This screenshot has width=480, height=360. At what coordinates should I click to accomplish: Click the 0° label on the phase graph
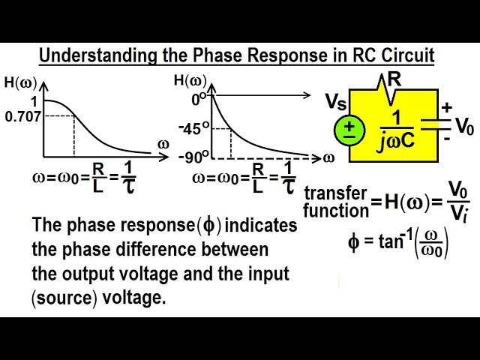pyautogui.click(x=198, y=97)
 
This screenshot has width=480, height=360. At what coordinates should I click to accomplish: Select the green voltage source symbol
pyautogui.click(x=349, y=128)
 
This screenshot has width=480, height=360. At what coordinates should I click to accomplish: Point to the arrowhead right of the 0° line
pyautogui.click(x=306, y=95)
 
